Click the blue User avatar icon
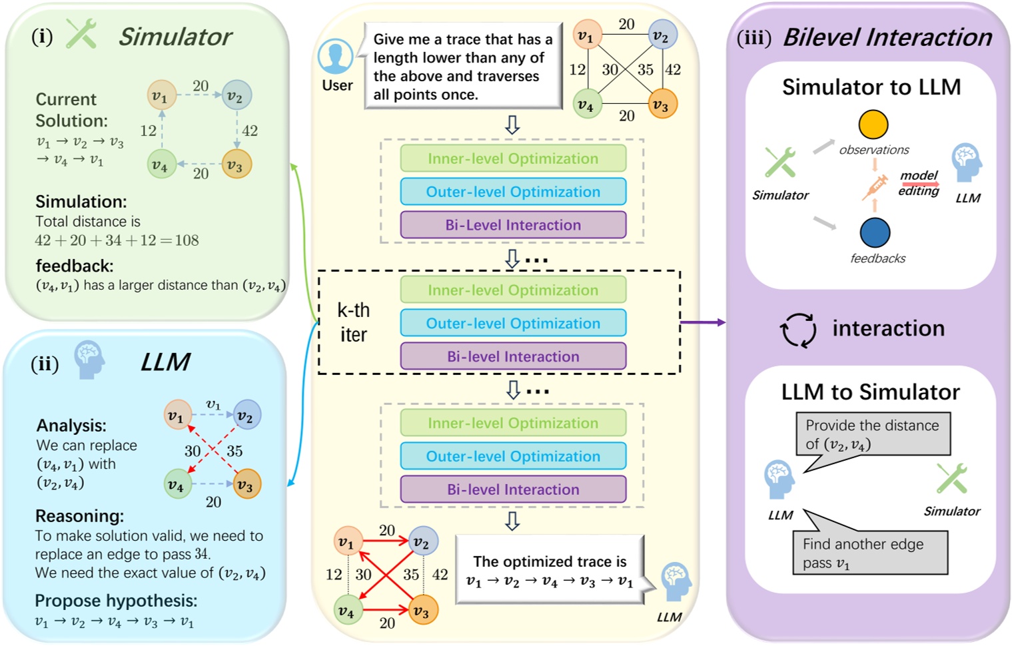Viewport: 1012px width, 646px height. (x=335, y=57)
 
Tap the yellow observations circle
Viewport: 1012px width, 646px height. (x=873, y=125)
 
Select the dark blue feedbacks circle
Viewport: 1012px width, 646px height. (x=875, y=232)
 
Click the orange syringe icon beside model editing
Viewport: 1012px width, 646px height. (x=875, y=186)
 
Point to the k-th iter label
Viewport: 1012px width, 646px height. (x=353, y=322)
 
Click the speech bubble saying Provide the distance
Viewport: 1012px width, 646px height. (x=873, y=435)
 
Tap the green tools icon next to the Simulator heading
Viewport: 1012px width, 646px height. (x=81, y=34)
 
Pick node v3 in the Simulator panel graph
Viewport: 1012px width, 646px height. (x=236, y=165)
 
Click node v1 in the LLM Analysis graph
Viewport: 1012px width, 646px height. (x=177, y=416)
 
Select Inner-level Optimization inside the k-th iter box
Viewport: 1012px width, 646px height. (x=513, y=290)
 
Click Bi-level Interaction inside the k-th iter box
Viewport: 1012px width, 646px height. (x=513, y=356)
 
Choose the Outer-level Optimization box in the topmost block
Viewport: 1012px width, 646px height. (x=513, y=192)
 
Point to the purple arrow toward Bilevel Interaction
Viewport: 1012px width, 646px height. (x=702, y=322)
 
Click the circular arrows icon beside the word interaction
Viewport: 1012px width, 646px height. (x=797, y=330)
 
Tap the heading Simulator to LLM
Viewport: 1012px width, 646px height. (x=871, y=87)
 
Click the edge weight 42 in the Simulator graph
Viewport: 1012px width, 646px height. (x=250, y=131)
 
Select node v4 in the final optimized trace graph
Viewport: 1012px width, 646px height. (x=347, y=611)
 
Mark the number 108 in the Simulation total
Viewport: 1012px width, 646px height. (x=187, y=240)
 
